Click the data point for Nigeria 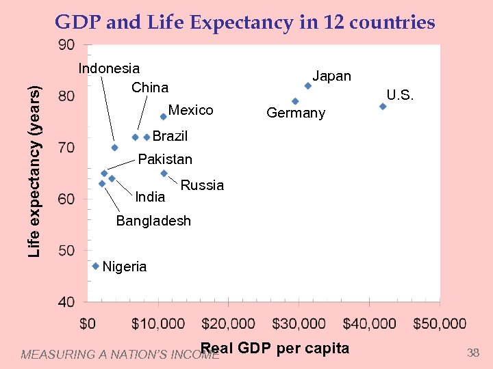(96, 266)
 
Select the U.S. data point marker (383, 106)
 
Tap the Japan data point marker (308, 85)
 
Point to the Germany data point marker (295, 101)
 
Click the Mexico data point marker (163, 116)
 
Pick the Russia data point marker (164, 173)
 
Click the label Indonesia (109, 68)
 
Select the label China (149, 87)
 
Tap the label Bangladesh (153, 221)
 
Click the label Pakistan (165, 159)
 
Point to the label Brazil (170, 136)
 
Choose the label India (150, 197)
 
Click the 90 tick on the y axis (67, 45)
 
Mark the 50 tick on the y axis (67, 250)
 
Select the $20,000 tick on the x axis (229, 323)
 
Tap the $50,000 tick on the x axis (439, 323)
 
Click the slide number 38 (472, 353)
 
